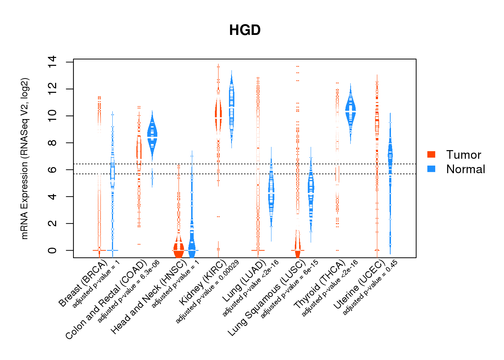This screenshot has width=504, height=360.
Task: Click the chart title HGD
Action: coord(245,30)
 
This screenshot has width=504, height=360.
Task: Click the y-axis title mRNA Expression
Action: coord(24,158)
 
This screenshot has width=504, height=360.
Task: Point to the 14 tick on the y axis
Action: coord(52,62)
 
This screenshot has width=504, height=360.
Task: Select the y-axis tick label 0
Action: coord(52,250)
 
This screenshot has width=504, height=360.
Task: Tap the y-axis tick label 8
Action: coord(52,143)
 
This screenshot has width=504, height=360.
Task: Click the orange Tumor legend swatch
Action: coord(431,154)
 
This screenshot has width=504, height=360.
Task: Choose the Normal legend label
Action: coord(465,169)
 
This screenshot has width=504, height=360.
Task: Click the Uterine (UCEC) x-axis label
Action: coord(359,284)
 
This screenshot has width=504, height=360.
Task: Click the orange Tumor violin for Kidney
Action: coord(218,115)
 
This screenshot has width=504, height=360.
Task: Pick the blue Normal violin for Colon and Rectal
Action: coord(152,137)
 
